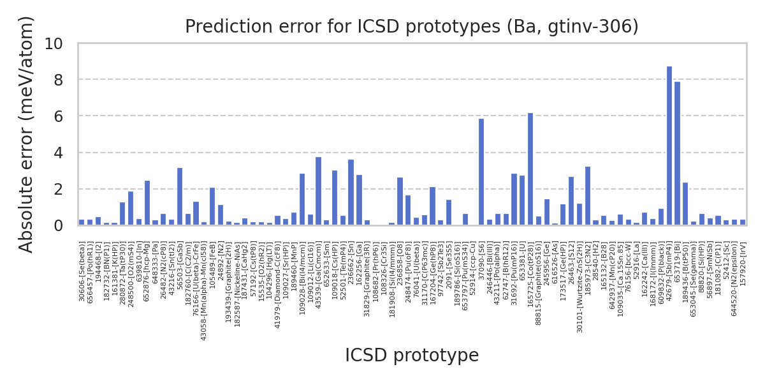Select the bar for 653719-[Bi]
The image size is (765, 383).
pos(677,153)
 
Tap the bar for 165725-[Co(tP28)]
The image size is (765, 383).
pos(530,169)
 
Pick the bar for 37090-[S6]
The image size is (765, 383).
pos(481,172)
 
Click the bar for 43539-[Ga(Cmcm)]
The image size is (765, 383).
pos(318,191)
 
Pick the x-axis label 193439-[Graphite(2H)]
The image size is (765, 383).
pos(229,282)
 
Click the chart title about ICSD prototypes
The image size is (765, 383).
pos(411,27)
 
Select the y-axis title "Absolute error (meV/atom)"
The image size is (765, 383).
pos(26,134)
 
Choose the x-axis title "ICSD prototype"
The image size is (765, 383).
pos(411,356)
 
